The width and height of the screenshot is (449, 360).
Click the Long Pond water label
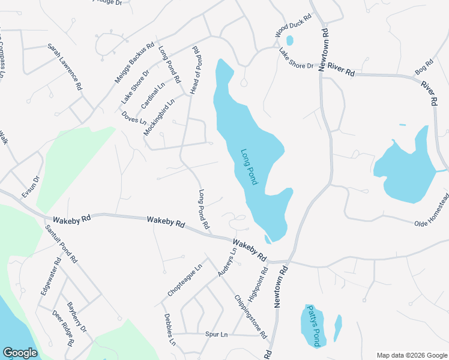[249, 167]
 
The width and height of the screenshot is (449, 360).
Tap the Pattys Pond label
[314, 326]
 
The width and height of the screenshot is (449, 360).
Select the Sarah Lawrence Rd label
[65, 67]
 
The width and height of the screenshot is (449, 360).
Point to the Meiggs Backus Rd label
[135, 62]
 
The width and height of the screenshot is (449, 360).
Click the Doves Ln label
[134, 118]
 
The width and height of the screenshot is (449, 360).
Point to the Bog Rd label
[424, 67]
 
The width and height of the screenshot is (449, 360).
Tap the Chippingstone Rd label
[250, 316]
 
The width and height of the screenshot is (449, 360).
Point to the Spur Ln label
[217, 334]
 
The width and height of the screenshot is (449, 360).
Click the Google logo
[20, 353]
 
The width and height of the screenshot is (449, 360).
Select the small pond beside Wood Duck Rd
[290, 41]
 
